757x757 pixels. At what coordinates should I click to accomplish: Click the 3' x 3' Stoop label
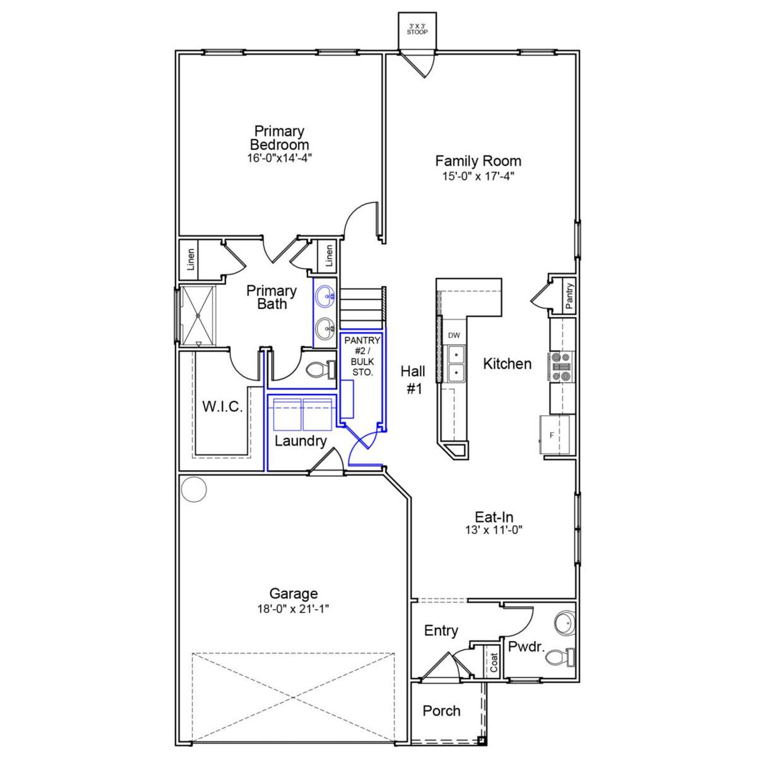[x=417, y=29]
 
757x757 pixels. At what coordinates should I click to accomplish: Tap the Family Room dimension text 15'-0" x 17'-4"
[x=478, y=176]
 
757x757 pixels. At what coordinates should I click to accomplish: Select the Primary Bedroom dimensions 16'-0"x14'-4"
[x=279, y=158]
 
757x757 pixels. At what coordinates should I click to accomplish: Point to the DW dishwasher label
[x=454, y=335]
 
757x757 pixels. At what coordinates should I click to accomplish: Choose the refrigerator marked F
[x=555, y=435]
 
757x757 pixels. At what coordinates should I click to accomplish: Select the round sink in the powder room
[x=564, y=623]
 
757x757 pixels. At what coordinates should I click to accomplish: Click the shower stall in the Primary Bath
[x=198, y=315]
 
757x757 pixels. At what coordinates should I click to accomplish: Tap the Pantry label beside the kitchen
[x=569, y=296]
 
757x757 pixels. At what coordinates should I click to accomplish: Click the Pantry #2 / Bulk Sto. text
[x=362, y=356]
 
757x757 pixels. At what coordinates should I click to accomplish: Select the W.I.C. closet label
[x=222, y=407]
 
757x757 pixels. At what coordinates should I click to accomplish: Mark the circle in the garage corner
[x=193, y=489]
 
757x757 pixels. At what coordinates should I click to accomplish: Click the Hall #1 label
[x=413, y=379]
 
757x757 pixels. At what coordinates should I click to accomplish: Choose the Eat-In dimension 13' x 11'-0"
[x=494, y=530]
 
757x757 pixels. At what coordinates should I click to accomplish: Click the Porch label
[x=441, y=711]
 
